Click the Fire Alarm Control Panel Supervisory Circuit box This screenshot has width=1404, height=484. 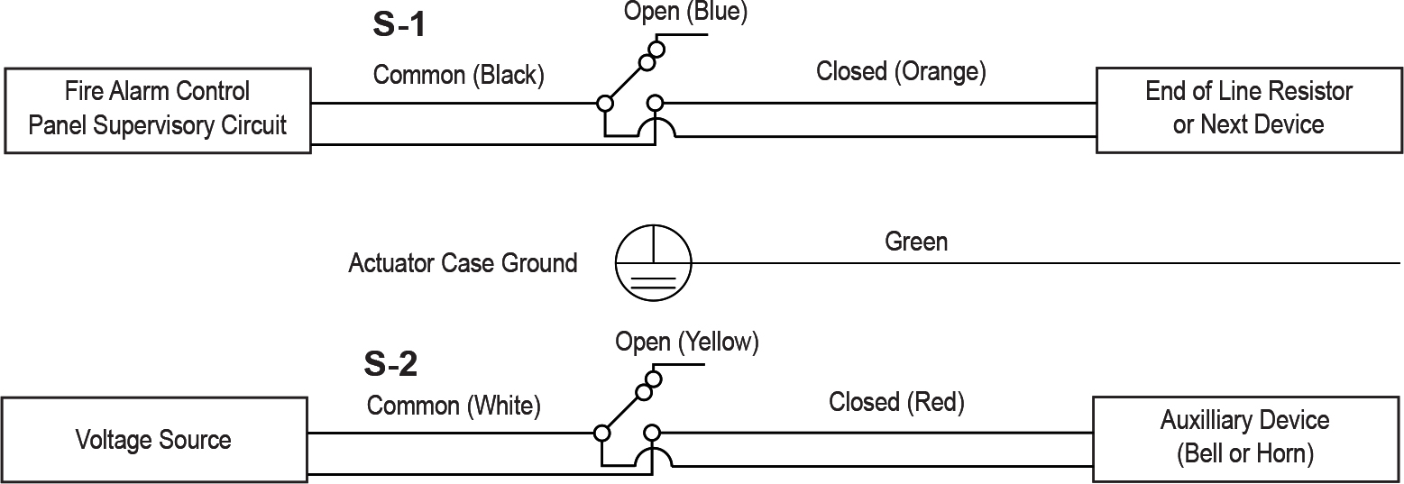point(158,108)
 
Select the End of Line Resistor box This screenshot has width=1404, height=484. point(1248,107)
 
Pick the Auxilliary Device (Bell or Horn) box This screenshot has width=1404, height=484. point(1244,437)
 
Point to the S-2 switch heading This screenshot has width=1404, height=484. point(390,364)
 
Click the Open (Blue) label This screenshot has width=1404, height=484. point(685,13)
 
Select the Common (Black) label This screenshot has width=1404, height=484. point(458,75)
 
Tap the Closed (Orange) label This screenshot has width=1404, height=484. point(900,71)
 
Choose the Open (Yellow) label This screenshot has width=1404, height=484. point(687,342)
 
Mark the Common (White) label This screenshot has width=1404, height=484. point(453,405)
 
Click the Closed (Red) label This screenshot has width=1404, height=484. point(896,401)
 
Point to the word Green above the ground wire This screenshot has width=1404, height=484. point(916,242)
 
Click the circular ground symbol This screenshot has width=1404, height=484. point(654,263)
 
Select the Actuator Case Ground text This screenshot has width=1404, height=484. point(463,263)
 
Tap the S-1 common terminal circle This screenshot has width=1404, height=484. point(606,104)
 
